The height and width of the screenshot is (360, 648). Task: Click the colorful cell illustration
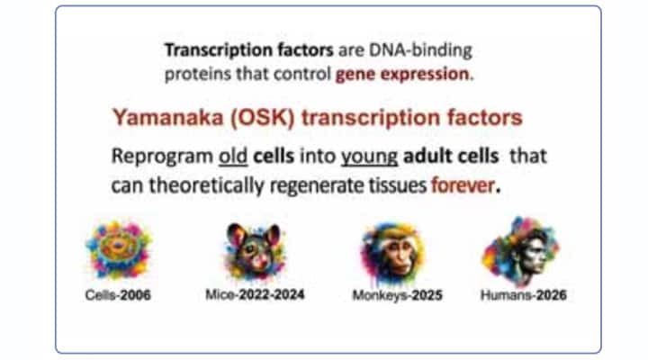click(x=118, y=250)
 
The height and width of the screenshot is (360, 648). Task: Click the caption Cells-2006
click(x=119, y=294)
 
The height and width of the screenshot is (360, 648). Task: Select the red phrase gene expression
click(x=402, y=74)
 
